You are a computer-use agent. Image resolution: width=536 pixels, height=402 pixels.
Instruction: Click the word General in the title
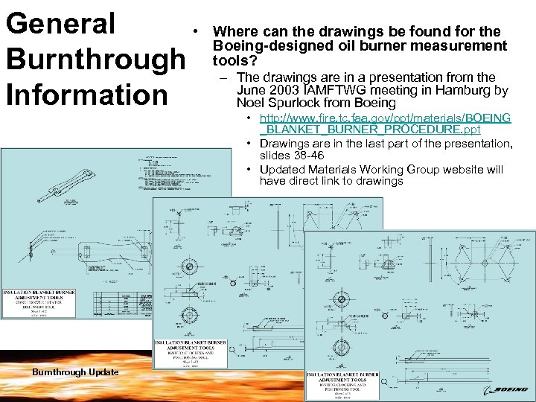tap(60, 24)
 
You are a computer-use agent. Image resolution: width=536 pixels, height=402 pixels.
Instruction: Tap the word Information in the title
tap(86, 95)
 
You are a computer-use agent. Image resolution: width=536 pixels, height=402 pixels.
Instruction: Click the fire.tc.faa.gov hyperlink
tap(385, 124)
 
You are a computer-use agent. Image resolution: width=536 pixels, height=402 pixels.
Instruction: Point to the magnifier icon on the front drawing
tap(384, 381)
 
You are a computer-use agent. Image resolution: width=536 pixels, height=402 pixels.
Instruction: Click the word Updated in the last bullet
tap(281, 169)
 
